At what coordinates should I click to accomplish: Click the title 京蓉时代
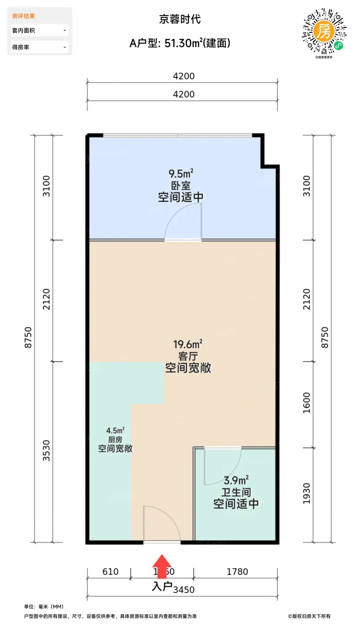click(x=180, y=19)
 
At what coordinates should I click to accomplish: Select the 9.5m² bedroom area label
click(x=181, y=173)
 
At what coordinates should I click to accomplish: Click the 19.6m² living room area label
click(x=188, y=344)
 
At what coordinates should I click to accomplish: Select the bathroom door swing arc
click(x=223, y=467)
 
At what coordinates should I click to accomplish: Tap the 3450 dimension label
click(x=184, y=589)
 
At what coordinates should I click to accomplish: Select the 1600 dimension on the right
click(x=306, y=403)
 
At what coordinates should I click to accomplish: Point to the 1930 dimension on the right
click(x=306, y=494)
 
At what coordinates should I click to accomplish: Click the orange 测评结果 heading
click(x=24, y=16)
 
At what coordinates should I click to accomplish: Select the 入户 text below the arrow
click(x=162, y=586)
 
